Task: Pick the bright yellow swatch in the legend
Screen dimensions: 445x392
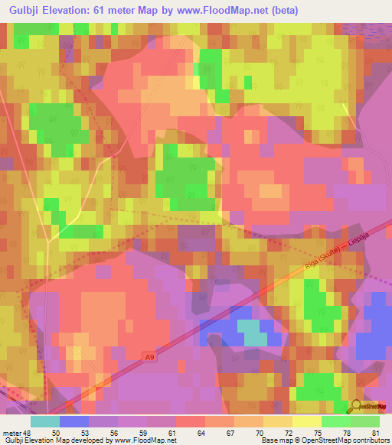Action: [x=307, y=421]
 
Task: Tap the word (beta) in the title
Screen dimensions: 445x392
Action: [x=280, y=10]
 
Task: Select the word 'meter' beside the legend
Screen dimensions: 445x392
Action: [x=11, y=433]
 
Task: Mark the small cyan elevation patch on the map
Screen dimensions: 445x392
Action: [x=252, y=331]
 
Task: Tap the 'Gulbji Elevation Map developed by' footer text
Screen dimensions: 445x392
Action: [x=51, y=441]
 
